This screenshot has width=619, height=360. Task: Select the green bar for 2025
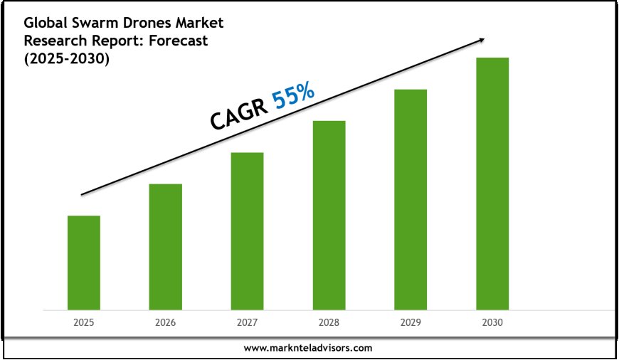84,263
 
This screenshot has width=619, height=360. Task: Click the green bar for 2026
165,247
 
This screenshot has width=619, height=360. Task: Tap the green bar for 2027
247,231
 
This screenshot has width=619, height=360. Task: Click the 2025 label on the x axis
84,322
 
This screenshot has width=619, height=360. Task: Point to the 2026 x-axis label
165,322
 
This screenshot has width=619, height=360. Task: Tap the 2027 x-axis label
247,322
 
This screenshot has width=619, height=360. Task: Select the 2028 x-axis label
329,322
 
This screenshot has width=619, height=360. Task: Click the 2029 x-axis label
411,322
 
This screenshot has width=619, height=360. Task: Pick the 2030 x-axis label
492,322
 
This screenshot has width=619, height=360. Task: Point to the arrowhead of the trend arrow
483,40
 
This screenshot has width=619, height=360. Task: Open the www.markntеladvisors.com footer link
308,348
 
